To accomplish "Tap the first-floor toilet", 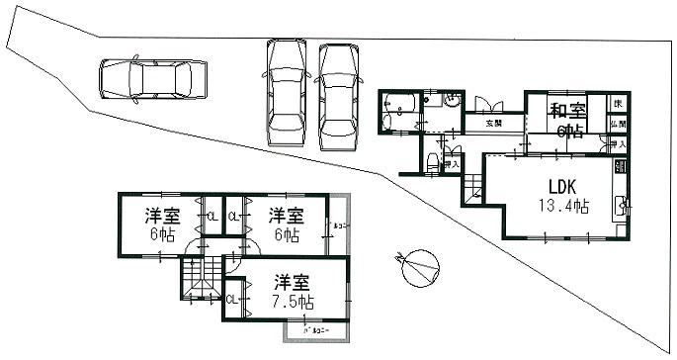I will (x=432, y=160).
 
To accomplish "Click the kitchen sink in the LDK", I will (x=621, y=207).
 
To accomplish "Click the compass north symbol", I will (x=420, y=266).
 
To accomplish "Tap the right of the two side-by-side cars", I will (x=337, y=95).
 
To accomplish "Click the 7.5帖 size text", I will (x=294, y=301).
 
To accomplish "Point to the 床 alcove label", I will (x=619, y=103).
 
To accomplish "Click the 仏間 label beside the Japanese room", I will (x=619, y=125).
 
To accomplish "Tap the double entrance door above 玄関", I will (x=486, y=105).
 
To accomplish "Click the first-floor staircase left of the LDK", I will (x=472, y=185).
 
